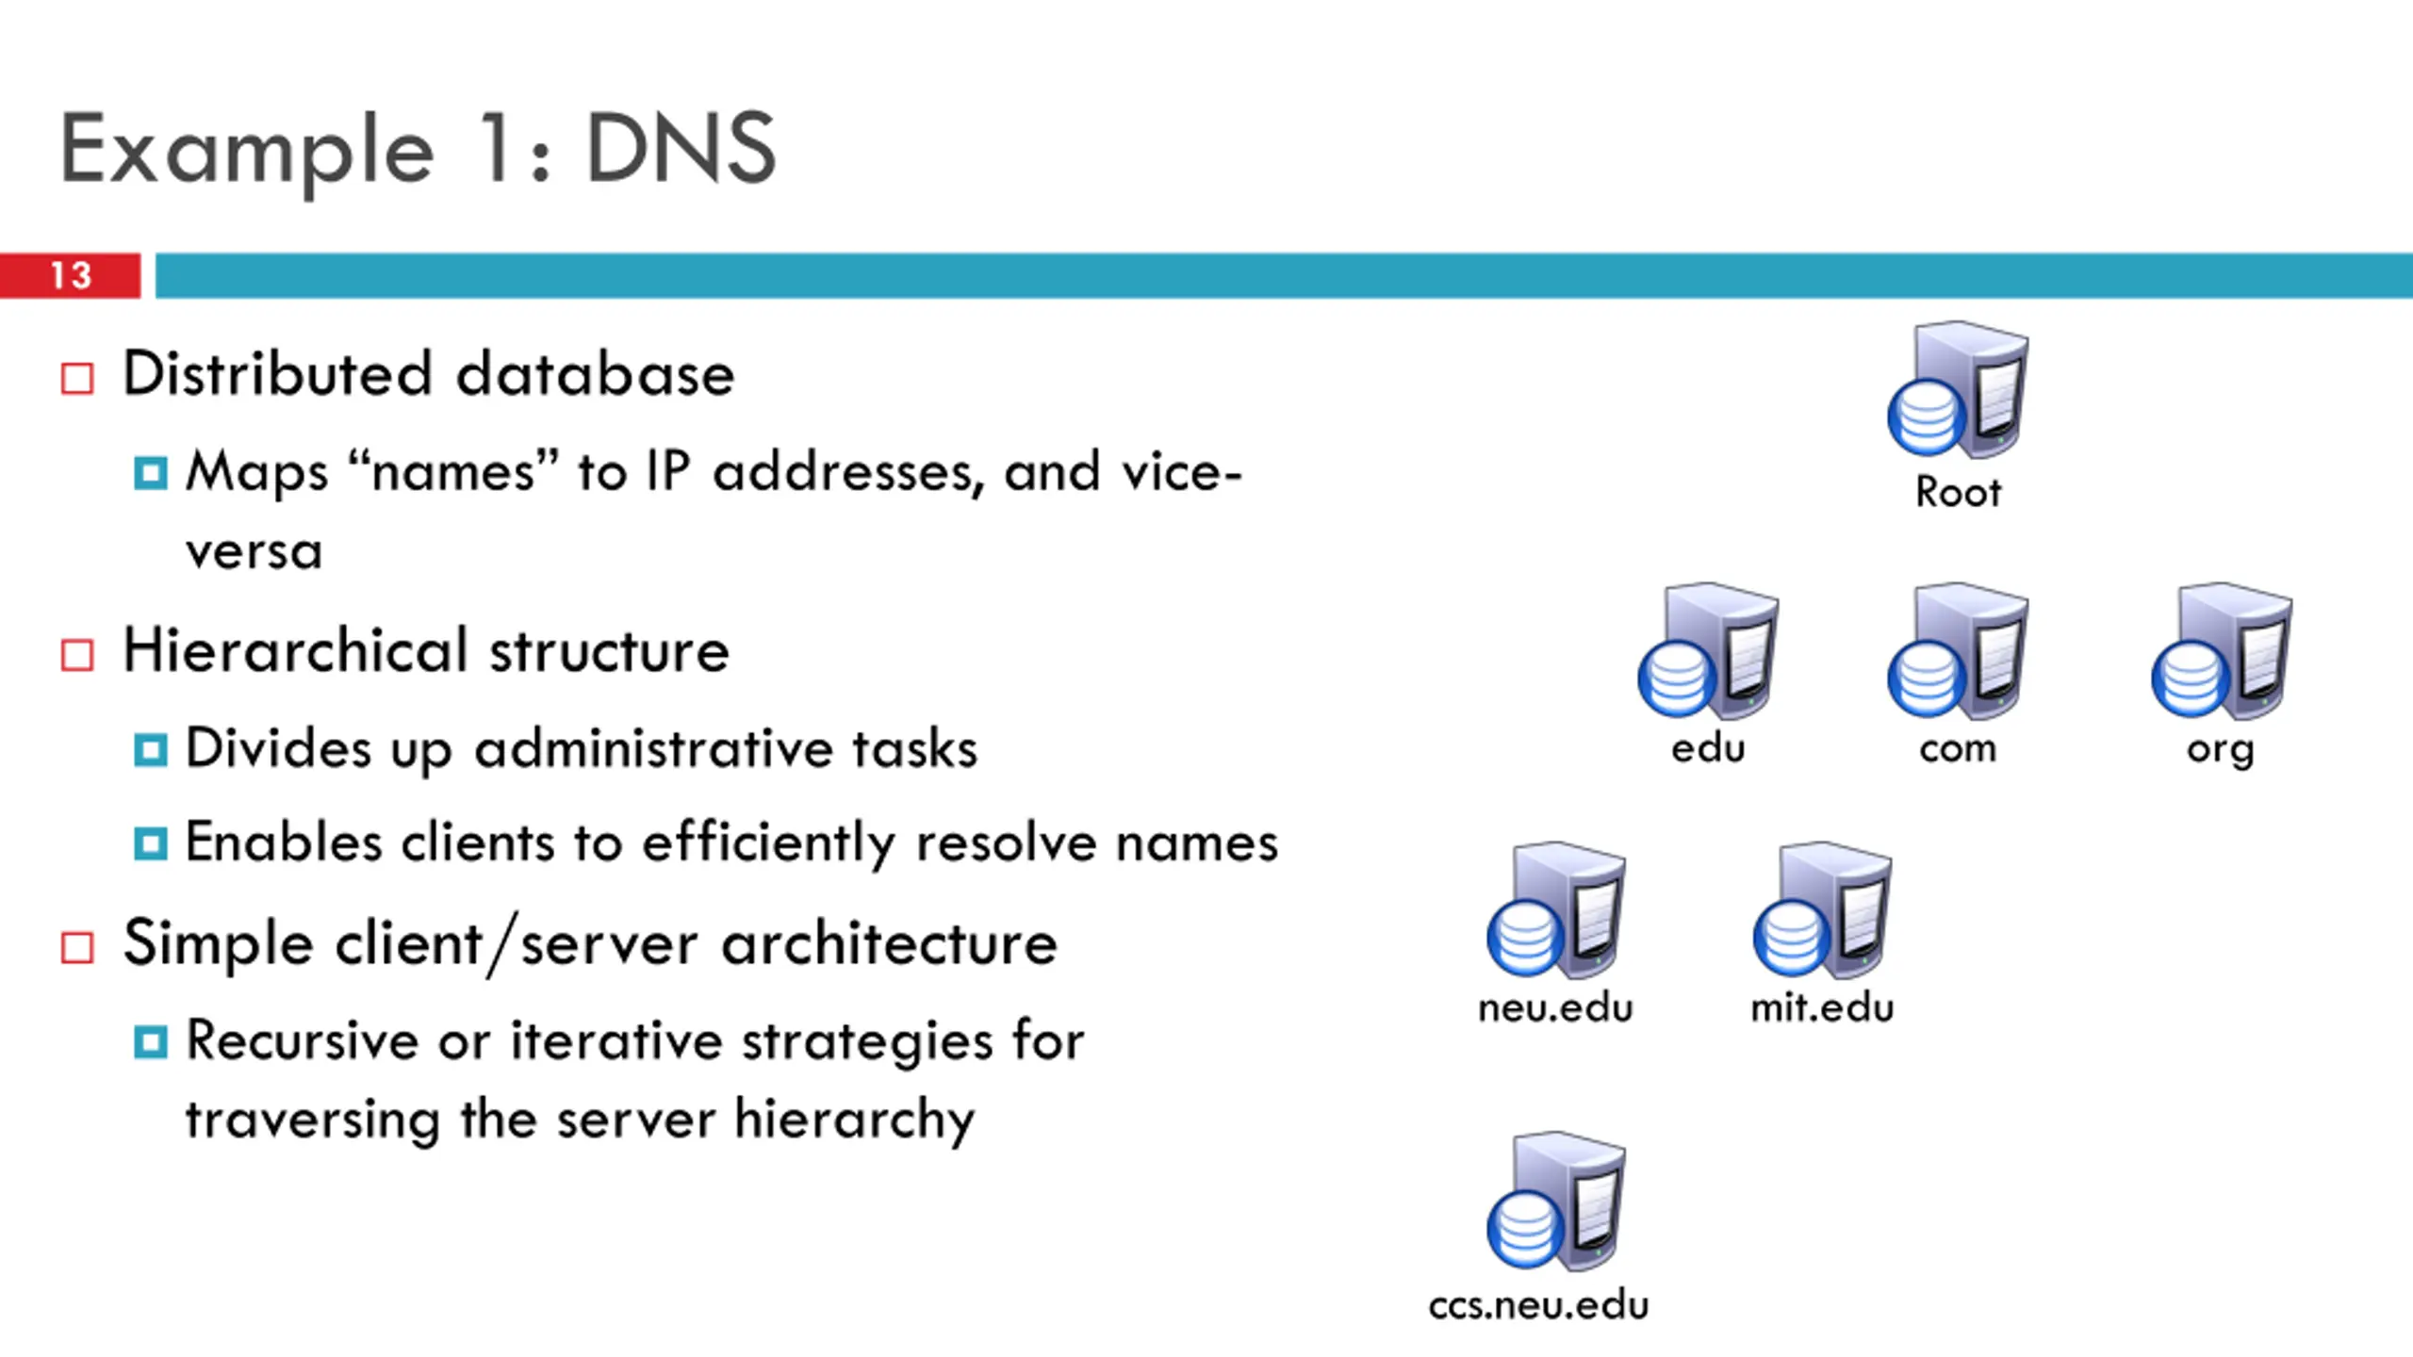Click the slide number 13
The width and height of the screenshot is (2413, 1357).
71,275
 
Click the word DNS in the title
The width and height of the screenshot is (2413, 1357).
681,148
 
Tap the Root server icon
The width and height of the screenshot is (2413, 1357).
1958,389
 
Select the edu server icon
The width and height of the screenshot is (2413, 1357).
1708,651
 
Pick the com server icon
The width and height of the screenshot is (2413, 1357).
1958,651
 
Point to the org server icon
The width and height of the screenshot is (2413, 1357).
2222,651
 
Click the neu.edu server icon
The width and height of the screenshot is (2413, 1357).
1556,910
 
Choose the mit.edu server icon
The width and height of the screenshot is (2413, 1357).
1822,910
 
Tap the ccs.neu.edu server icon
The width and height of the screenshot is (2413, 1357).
1556,1201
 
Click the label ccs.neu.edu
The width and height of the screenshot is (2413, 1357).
1538,1305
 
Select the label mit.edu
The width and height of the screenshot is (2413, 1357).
1822,1007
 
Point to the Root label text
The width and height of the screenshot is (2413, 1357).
1958,492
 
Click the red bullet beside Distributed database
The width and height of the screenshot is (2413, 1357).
77,379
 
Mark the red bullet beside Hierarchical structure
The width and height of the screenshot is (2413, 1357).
77,655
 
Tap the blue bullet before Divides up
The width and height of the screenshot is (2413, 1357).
151,751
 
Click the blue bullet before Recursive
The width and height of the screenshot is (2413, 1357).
151,1043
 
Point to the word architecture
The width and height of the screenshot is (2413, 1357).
889,943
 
